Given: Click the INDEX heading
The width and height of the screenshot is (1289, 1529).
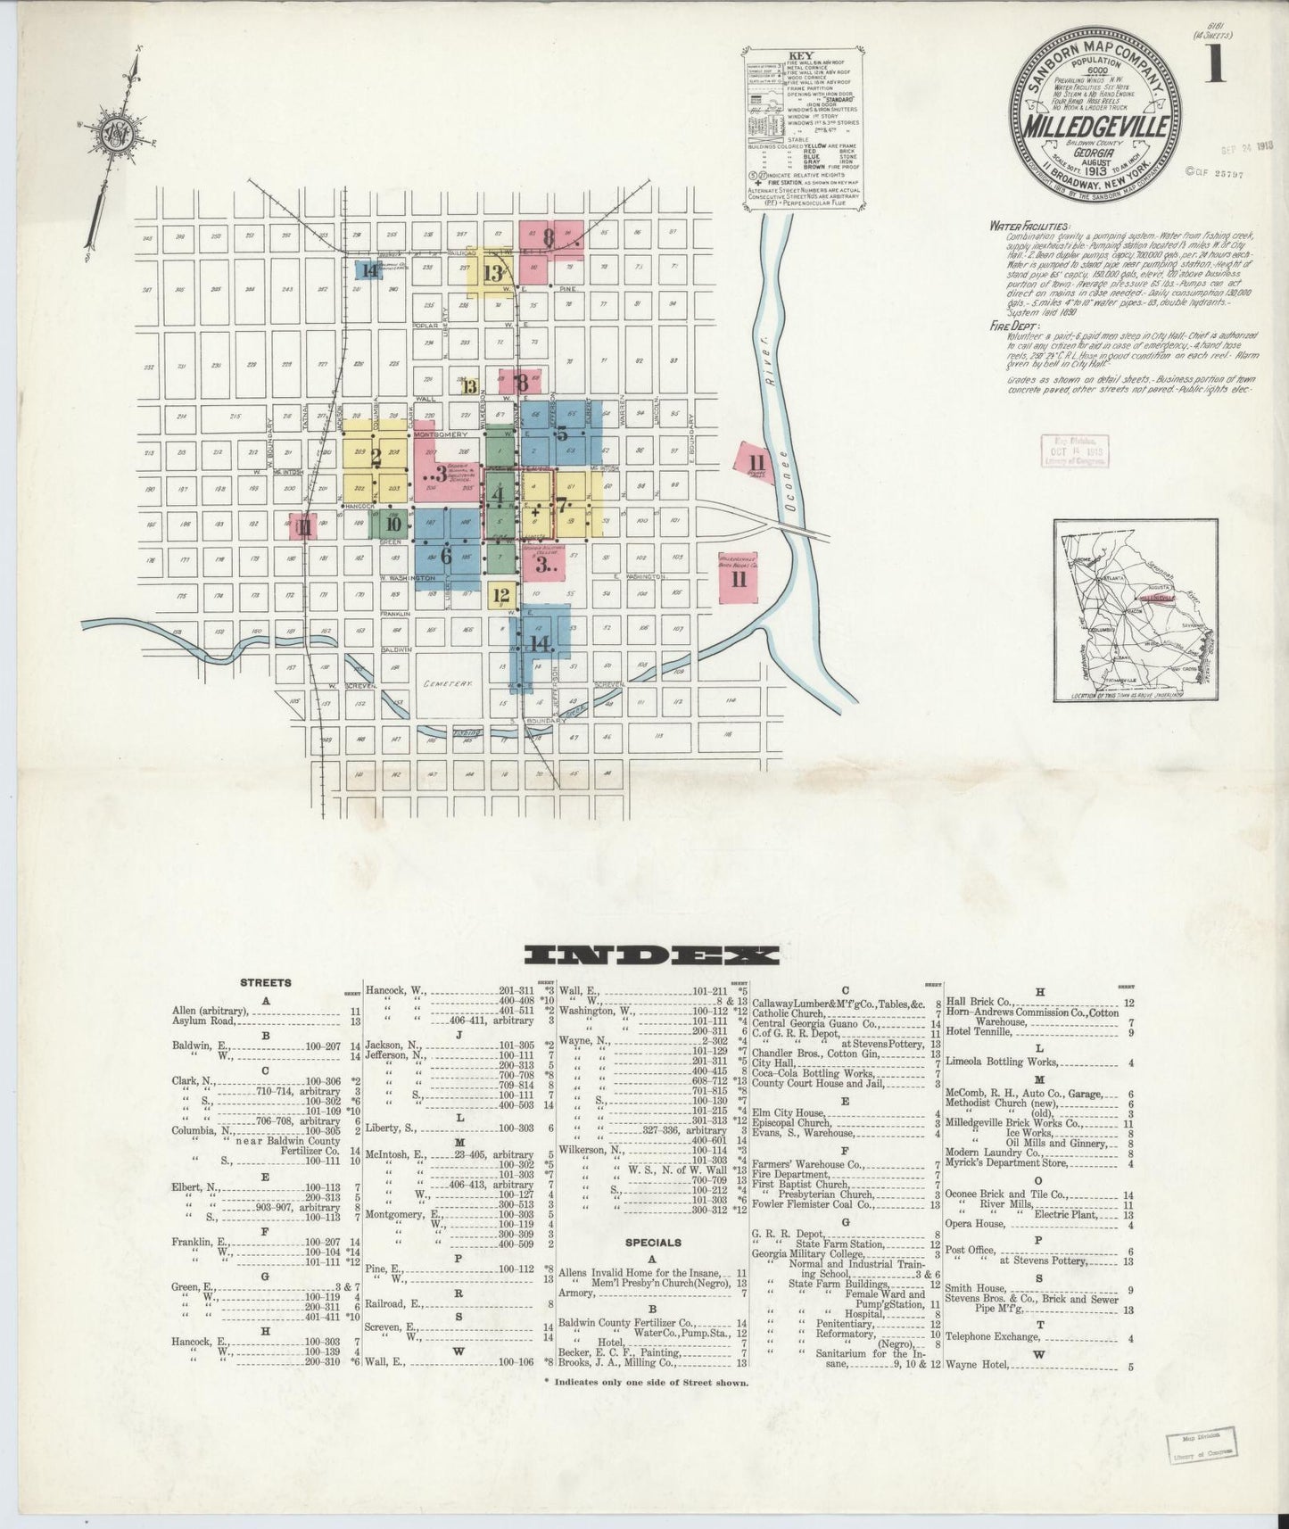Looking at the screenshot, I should [x=649, y=955].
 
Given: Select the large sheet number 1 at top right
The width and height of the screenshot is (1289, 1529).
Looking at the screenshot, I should [x=1214, y=67].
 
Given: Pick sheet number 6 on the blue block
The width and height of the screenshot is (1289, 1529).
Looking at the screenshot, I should [x=446, y=554].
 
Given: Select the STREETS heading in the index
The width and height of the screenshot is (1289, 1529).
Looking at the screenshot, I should [x=266, y=983].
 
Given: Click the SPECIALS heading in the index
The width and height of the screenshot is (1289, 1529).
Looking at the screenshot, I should [x=654, y=1242].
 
